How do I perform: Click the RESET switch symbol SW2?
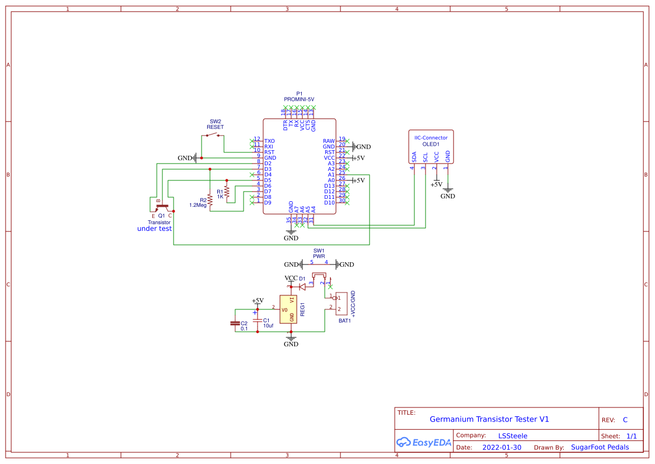click(212, 135)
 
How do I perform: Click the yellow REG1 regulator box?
click(288, 309)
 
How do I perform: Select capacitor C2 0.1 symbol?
click(235, 323)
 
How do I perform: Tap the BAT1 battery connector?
click(341, 303)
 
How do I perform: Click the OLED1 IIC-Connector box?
click(431, 146)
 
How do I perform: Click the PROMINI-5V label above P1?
click(299, 99)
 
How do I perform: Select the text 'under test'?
click(155, 229)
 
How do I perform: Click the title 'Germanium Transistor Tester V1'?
click(489, 419)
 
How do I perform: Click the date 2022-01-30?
click(502, 447)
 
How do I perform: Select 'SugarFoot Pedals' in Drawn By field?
click(600, 447)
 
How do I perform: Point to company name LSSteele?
click(512, 435)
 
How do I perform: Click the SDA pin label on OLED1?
click(414, 156)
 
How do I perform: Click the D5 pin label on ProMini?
click(268, 180)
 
